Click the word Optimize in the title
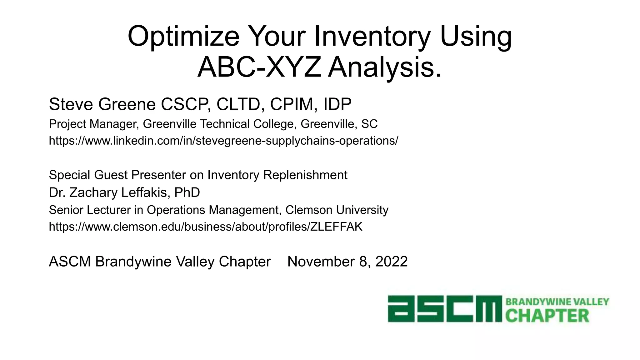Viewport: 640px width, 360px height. (183, 37)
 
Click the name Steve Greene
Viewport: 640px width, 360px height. (102, 104)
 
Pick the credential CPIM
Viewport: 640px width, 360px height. (292, 104)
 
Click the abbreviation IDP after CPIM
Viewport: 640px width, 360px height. (337, 104)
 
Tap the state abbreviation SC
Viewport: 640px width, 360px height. (369, 124)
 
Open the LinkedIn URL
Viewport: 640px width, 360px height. (223, 141)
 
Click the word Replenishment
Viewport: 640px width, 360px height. (305, 175)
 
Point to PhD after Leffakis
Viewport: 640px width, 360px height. (187, 192)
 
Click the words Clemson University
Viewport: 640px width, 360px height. (337, 210)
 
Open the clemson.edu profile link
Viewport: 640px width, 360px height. (206, 227)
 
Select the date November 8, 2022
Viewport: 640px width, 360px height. (347, 262)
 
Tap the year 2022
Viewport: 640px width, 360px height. (392, 262)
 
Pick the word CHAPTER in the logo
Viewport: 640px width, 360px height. (547, 316)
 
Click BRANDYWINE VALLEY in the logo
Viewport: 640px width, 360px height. (557, 302)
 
